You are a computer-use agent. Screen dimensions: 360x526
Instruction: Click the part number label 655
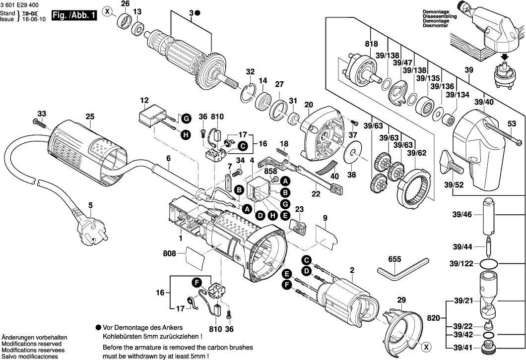pos(394,259)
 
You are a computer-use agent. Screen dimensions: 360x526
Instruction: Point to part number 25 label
pos(89,117)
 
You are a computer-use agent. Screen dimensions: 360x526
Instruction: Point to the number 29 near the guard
pos(401,300)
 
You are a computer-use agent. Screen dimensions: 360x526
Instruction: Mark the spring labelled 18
pos(282,149)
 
